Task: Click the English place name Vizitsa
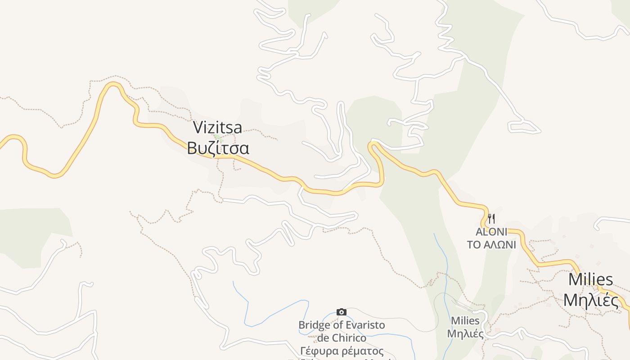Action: (x=217, y=128)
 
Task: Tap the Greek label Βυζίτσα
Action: (x=218, y=148)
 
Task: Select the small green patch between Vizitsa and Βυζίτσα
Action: (x=217, y=137)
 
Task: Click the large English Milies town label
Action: (x=590, y=279)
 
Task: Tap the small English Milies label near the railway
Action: (x=465, y=321)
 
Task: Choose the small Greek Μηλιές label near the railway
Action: (x=465, y=334)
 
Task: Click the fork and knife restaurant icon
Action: (x=491, y=219)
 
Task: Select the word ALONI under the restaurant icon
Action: (x=491, y=232)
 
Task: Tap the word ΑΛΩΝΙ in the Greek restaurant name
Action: (x=500, y=245)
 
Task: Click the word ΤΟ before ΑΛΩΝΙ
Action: (x=474, y=245)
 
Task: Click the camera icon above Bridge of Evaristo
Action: (x=342, y=312)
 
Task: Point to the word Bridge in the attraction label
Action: (x=314, y=325)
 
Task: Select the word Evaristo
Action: (x=363, y=325)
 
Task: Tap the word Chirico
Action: (x=349, y=337)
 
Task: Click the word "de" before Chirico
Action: (x=324, y=337)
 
